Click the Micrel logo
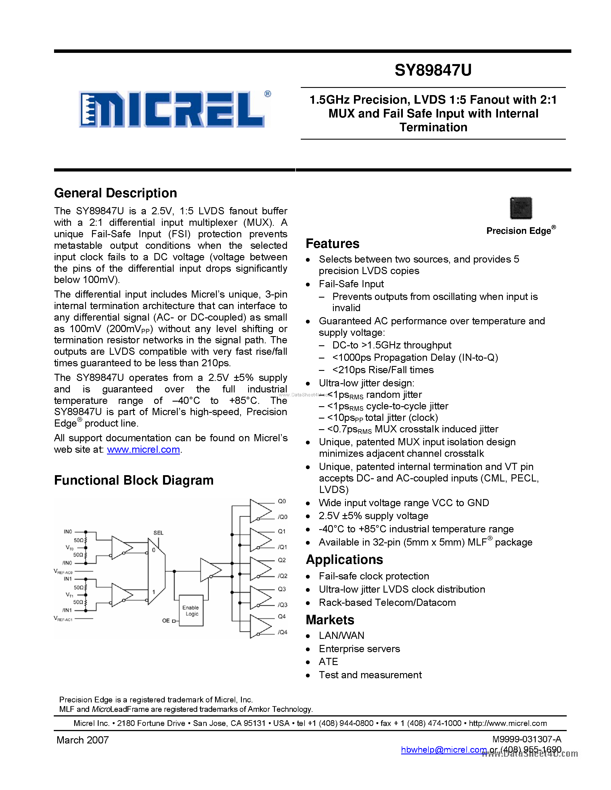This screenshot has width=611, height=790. pos(174,109)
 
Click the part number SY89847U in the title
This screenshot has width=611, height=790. pos(433,70)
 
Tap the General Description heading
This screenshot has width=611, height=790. pos(116,193)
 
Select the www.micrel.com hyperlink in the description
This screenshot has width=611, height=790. pos(143,450)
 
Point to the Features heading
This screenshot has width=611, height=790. pos(332,244)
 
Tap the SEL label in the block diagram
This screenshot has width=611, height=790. pos(158,533)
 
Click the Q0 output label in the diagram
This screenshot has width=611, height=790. pos(281,501)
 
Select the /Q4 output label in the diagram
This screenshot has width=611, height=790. pos(282,632)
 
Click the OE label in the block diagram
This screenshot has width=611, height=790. pos(166,621)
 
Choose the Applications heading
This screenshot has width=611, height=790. pos(344,560)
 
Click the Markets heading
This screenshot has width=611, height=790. pos(330,620)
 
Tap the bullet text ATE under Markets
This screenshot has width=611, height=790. pos(328,662)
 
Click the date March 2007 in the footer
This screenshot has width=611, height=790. pos(83,740)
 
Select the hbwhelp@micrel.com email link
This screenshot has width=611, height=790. pos(444,750)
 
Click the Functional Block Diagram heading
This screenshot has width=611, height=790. pos(134,480)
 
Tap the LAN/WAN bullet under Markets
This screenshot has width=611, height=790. pos(341,635)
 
